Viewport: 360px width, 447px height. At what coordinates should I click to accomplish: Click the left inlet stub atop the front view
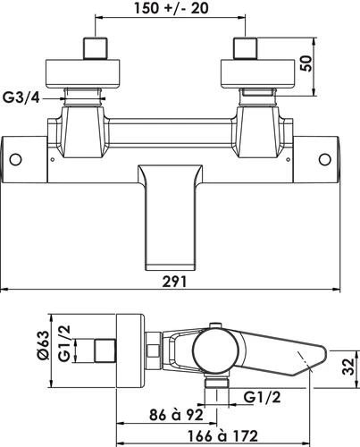(x=94, y=47)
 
